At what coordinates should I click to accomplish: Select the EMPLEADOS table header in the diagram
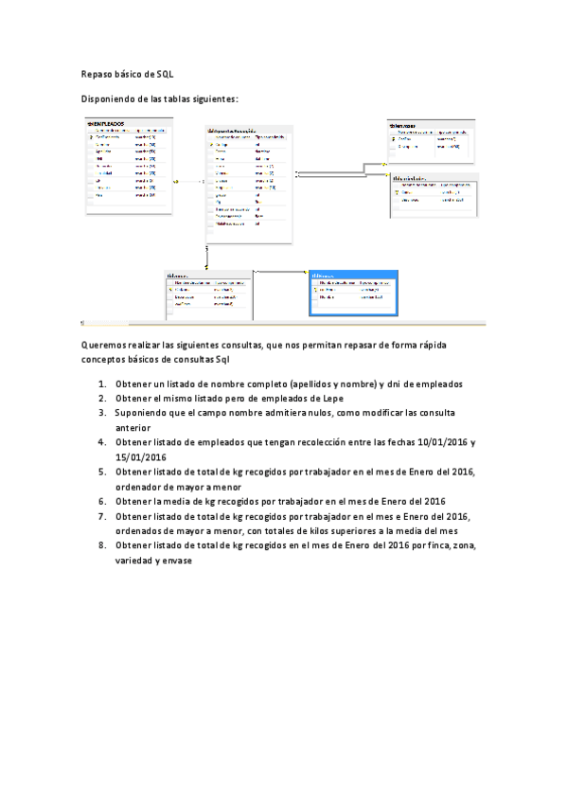pos(106,123)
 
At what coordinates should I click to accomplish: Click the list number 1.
pos(101,384)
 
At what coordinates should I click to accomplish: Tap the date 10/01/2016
pos(436,442)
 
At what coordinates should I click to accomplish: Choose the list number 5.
pos(101,472)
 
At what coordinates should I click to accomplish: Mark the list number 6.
pos(101,501)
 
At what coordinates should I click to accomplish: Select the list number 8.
pos(101,545)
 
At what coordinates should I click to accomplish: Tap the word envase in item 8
pos(176,560)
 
